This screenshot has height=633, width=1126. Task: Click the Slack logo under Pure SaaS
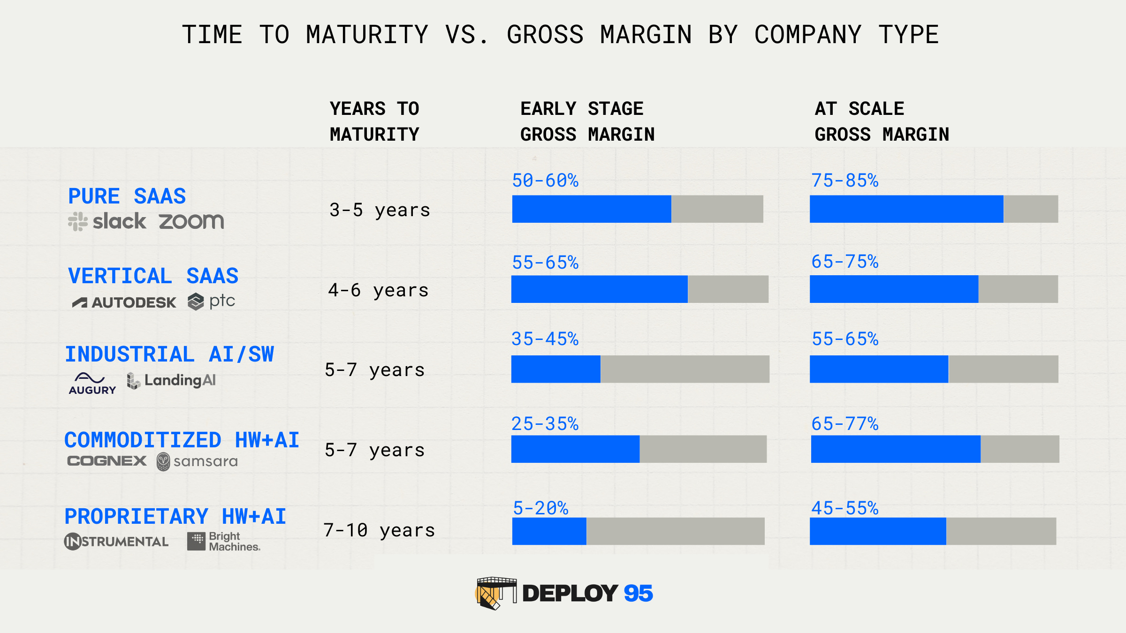point(107,221)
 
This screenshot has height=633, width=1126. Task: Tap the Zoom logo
point(191,221)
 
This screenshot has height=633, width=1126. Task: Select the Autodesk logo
point(124,302)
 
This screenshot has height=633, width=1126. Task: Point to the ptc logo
point(211,301)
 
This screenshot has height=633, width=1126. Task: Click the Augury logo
point(92,384)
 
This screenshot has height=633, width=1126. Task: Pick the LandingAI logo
point(171,380)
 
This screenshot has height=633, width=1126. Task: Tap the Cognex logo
point(107,461)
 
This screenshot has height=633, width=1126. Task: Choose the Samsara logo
point(197,462)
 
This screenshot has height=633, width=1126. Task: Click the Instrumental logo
point(116,542)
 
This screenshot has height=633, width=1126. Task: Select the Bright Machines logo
point(223,542)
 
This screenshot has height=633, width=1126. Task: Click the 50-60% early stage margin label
point(545,181)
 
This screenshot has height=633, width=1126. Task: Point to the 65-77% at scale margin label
point(845,424)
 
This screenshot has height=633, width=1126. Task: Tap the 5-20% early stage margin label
point(540,508)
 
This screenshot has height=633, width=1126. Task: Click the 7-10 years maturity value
point(379,530)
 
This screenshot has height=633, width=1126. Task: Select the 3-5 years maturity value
point(380,210)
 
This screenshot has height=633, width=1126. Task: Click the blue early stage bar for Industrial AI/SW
point(556,369)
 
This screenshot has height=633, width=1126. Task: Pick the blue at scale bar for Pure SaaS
point(906,209)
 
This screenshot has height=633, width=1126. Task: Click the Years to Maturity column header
point(374,121)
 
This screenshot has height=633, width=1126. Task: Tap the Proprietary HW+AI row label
point(175,516)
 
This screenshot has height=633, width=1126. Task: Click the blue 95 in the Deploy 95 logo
point(638,593)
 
